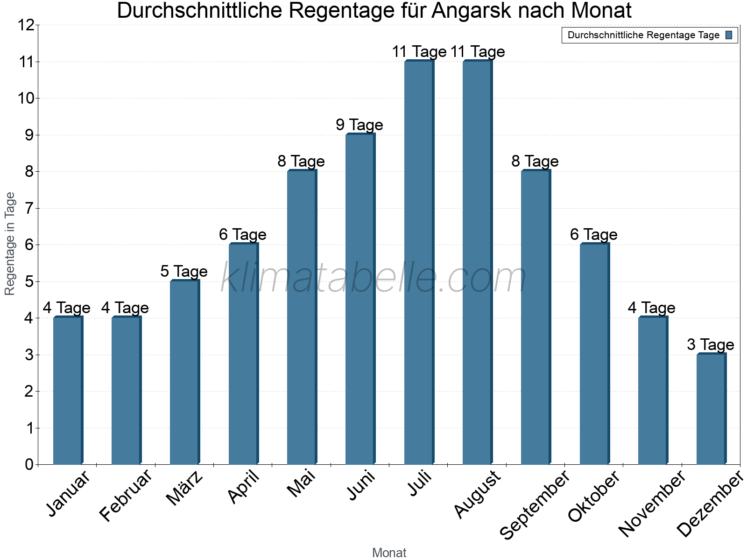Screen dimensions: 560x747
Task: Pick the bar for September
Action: point(536,317)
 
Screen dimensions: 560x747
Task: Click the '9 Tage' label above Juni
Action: point(359,125)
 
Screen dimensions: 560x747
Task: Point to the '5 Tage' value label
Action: point(184,272)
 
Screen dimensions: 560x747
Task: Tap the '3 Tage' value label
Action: point(710,345)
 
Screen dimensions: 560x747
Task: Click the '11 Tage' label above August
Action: point(478,52)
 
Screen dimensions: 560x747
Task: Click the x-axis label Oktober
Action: point(594,497)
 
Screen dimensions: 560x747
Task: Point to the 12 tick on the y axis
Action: point(26,25)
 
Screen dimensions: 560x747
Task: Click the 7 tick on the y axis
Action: point(29,208)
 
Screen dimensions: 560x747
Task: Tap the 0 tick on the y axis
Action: point(29,464)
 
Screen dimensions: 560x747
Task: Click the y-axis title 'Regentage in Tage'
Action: point(10,244)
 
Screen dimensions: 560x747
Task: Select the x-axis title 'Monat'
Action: point(389,553)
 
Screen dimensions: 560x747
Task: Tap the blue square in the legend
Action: point(729,35)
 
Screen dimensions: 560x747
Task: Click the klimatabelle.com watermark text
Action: point(373,278)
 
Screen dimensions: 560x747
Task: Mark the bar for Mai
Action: point(302,317)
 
